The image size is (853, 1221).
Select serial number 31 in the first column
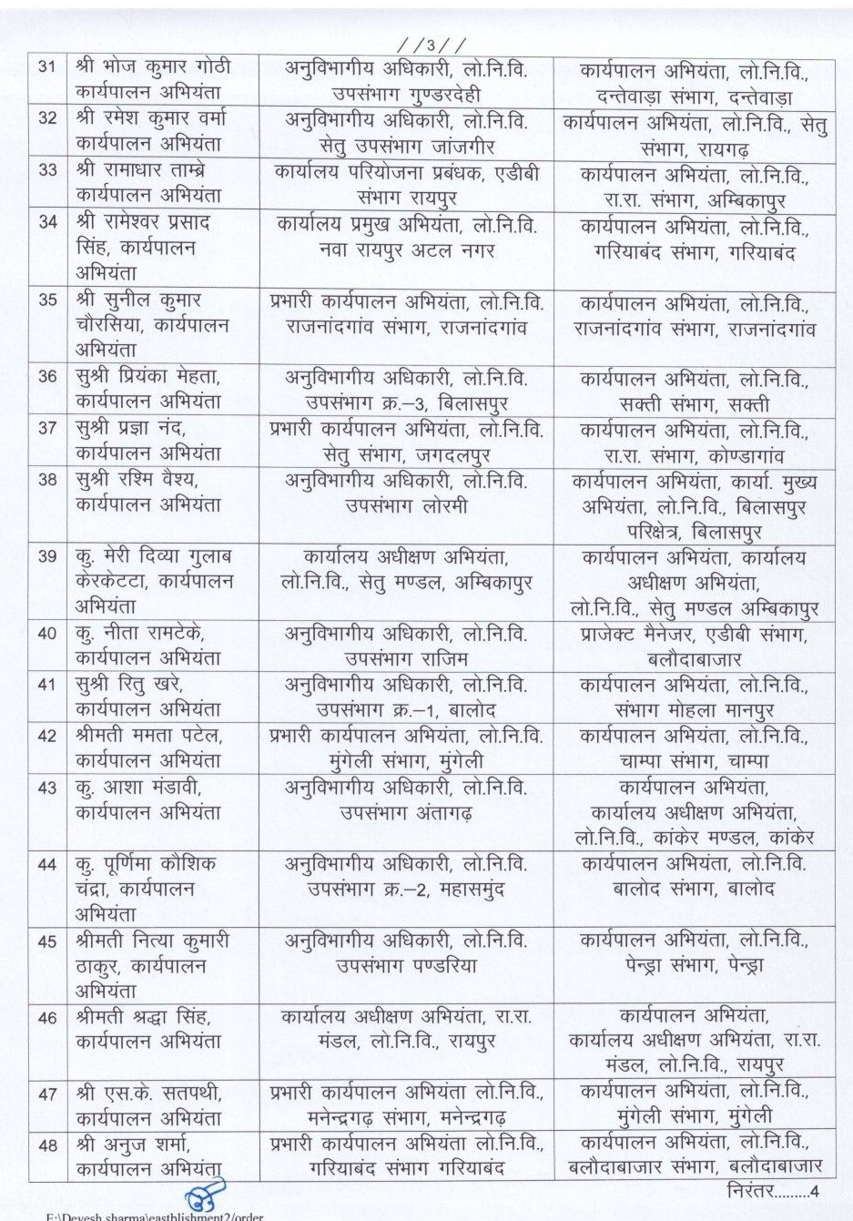[49, 67]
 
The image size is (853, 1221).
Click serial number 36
[49, 376]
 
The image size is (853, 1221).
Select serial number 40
[49, 634]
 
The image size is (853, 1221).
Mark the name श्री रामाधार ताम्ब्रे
[150, 183]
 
